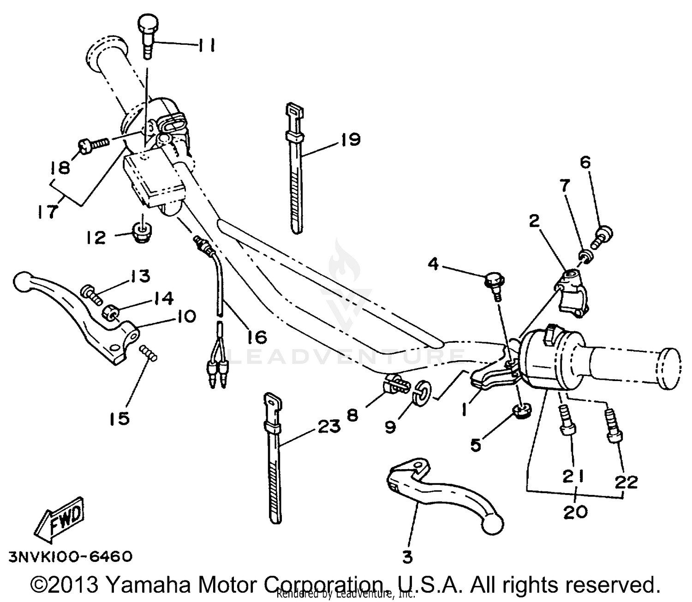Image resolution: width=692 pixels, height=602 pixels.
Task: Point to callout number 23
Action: (328, 426)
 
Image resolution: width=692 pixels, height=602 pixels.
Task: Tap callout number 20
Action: (575, 512)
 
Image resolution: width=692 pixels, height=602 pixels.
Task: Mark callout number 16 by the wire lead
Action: (257, 337)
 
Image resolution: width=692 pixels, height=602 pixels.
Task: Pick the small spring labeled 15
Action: (149, 353)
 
